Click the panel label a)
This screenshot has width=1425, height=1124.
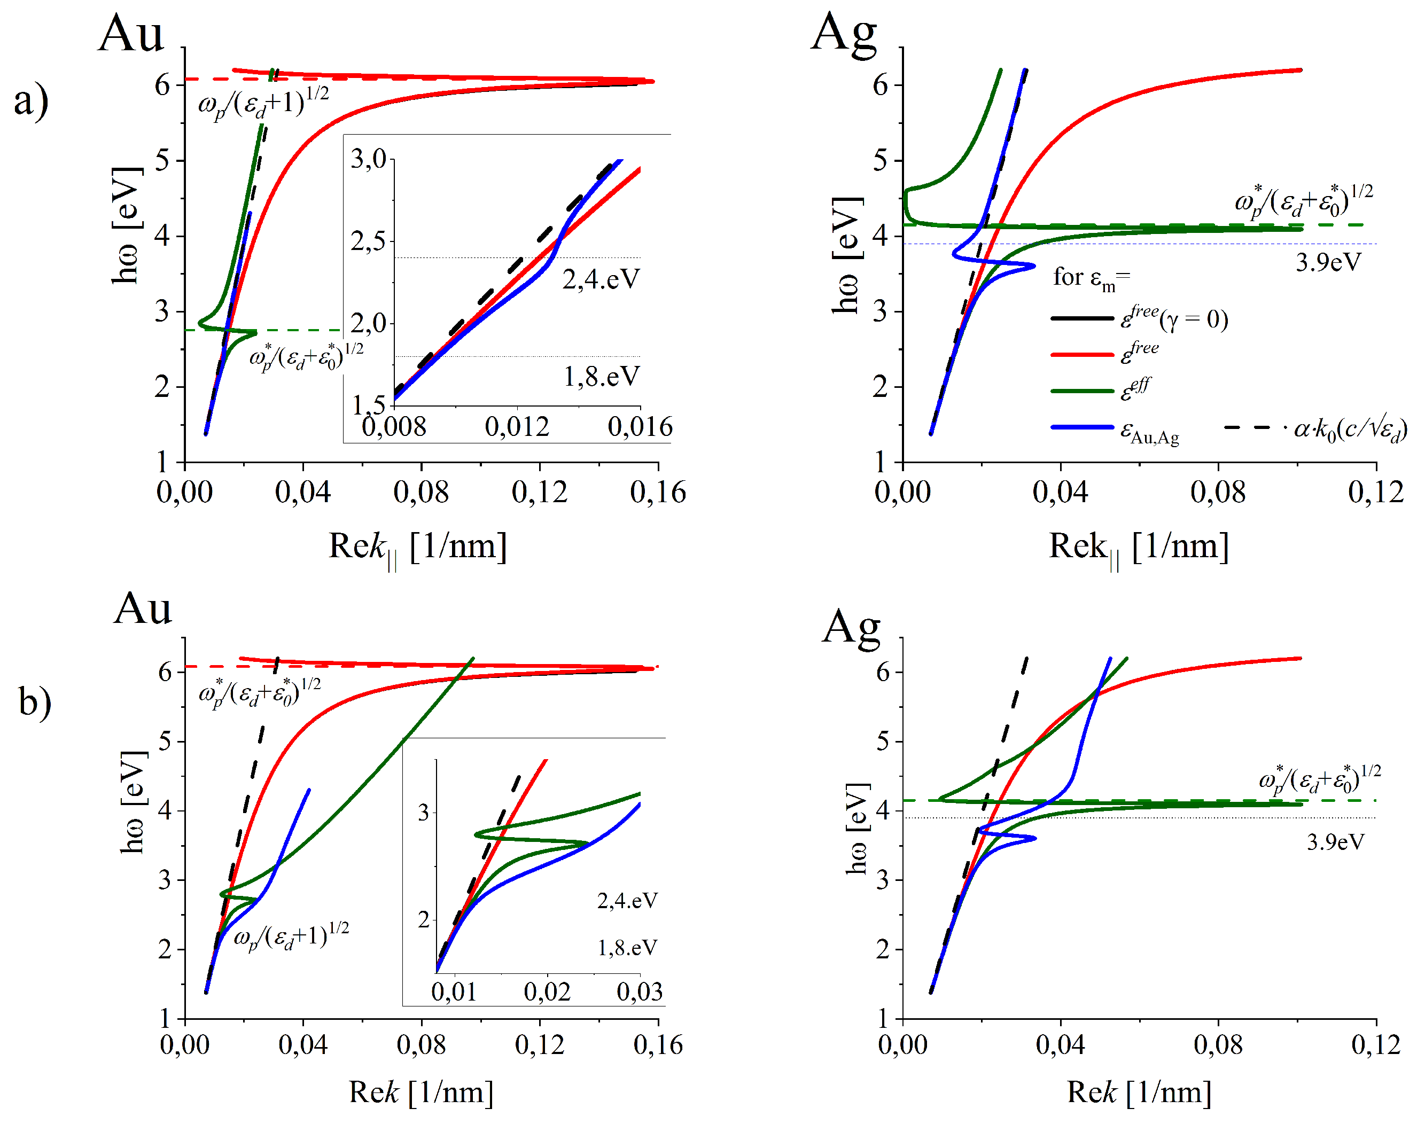31,100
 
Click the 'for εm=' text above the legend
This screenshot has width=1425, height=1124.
1091,278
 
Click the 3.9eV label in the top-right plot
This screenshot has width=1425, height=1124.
1328,263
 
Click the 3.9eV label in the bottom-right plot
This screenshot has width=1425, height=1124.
1335,842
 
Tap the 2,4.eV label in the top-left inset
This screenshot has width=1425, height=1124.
599,279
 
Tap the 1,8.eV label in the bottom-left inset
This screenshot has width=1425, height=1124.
627,948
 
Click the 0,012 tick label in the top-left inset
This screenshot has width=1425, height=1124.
517,427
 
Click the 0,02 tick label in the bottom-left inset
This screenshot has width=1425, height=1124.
547,992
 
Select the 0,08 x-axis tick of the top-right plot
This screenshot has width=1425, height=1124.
1218,492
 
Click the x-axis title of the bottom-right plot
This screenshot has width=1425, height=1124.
1138,1092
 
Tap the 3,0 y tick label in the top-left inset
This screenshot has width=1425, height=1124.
368,159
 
